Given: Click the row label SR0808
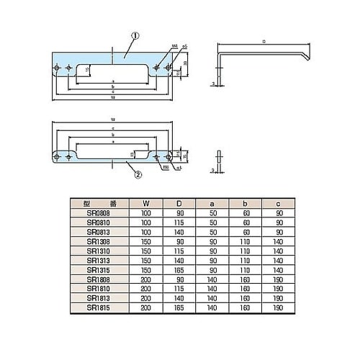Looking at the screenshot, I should (99, 215).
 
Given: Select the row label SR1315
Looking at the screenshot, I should (99, 267).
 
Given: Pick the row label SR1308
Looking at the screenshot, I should (99, 241).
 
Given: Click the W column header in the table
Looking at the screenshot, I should (147, 204).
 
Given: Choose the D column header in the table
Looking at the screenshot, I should (179, 204).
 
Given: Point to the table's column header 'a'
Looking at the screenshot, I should (212, 204).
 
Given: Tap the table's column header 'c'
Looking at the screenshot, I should (277, 204).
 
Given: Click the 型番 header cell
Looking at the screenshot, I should (99, 204).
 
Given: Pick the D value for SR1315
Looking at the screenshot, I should (179, 267).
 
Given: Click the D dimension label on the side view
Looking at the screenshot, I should (264, 42).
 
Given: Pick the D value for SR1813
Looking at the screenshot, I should (179, 300).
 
